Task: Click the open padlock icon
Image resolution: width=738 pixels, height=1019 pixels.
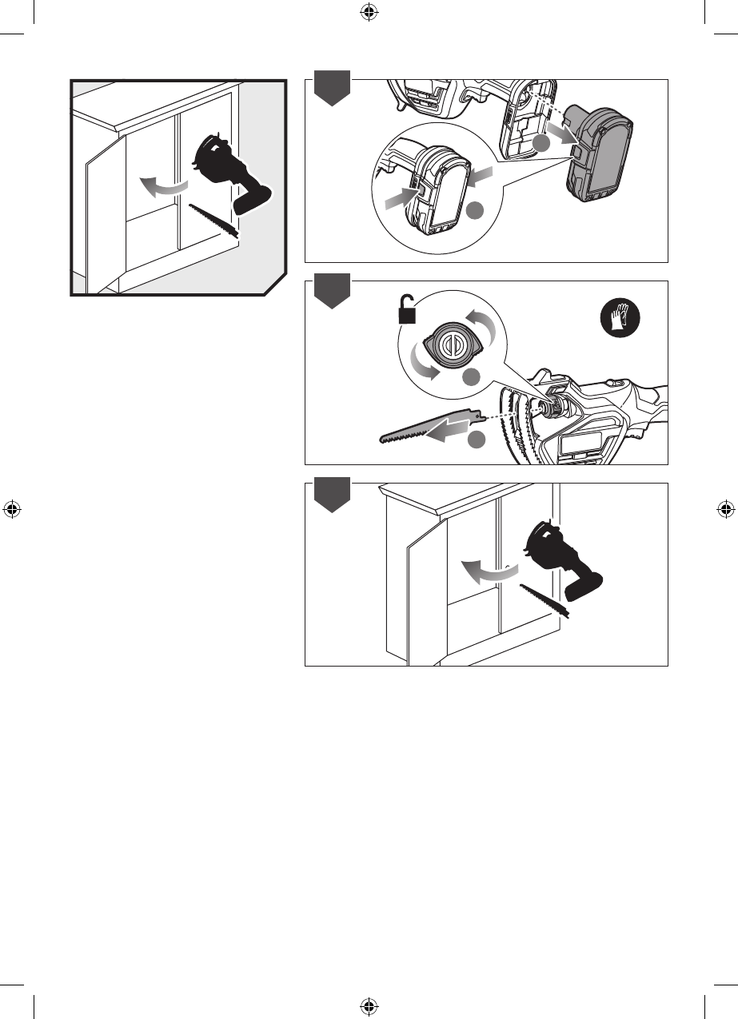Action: (408, 310)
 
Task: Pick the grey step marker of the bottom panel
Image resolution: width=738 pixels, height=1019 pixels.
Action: (331, 496)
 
